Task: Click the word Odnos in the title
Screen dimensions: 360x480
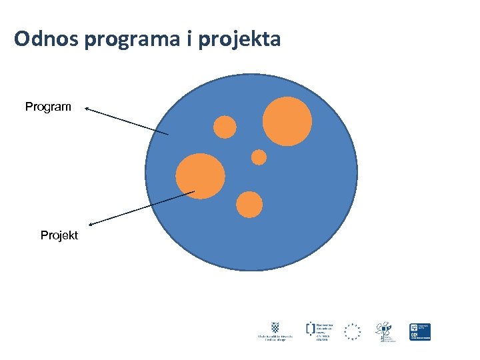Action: [47, 40]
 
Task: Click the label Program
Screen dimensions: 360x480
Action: [48, 107]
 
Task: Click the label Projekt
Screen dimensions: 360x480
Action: [59, 235]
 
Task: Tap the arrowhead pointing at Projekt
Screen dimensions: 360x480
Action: [92, 223]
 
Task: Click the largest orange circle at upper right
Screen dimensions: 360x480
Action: [287, 121]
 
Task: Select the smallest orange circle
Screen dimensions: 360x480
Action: [259, 157]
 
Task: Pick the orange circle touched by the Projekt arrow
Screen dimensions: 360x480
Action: [200, 176]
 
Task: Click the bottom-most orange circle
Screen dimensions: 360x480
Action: [249, 205]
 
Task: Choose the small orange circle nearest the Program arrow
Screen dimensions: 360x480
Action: [225, 127]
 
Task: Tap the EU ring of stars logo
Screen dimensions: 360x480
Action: [352, 331]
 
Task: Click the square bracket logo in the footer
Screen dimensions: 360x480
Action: [310, 327]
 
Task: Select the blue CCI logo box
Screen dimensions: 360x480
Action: [419, 331]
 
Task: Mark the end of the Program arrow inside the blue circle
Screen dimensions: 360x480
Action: [168, 135]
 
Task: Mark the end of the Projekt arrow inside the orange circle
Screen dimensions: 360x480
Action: [195, 192]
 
